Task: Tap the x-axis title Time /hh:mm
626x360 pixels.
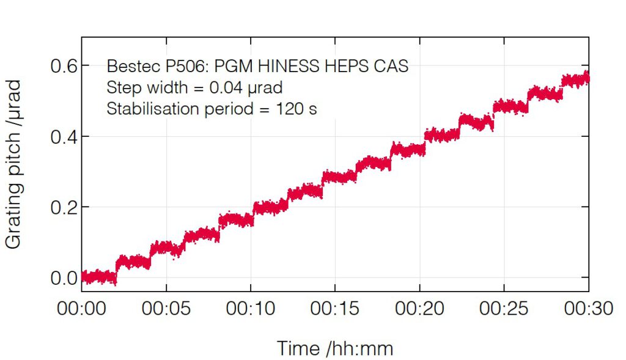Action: (335, 348)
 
